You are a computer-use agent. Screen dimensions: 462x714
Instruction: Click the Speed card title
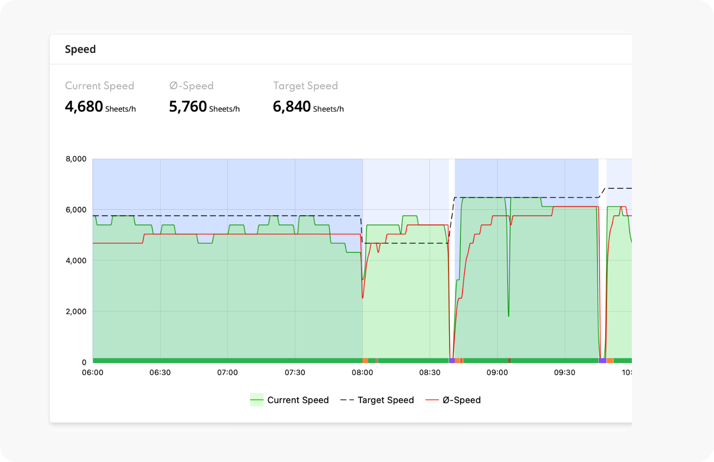click(80, 49)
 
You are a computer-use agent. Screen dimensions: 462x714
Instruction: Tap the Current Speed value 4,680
click(84, 107)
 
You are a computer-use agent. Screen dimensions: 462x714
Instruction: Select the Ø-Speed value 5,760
click(188, 107)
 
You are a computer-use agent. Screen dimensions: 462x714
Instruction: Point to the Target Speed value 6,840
click(292, 107)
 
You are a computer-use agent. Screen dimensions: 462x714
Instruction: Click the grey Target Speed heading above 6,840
click(305, 86)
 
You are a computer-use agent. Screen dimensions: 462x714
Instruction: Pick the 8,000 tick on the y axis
click(76, 159)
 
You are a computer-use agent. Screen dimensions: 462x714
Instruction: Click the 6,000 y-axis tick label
click(76, 210)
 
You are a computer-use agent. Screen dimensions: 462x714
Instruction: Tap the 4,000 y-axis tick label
click(76, 260)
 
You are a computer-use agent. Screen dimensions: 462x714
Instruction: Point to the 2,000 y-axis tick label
click(76, 312)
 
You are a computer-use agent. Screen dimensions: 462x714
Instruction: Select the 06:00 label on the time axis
click(93, 373)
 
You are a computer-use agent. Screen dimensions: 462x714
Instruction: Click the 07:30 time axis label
click(295, 373)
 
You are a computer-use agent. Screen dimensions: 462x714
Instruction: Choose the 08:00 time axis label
click(362, 373)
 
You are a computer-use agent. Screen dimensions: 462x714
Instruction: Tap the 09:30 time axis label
click(565, 373)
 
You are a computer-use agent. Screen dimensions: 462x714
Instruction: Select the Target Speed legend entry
click(377, 400)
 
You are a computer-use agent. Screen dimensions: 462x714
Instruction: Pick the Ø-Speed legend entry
click(453, 400)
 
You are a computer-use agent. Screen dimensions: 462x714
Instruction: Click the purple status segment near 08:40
click(452, 361)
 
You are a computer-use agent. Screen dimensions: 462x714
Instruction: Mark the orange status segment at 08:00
click(365, 361)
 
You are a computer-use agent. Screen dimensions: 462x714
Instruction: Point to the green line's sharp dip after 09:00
click(509, 313)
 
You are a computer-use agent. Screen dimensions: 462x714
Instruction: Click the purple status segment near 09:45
click(602, 361)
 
